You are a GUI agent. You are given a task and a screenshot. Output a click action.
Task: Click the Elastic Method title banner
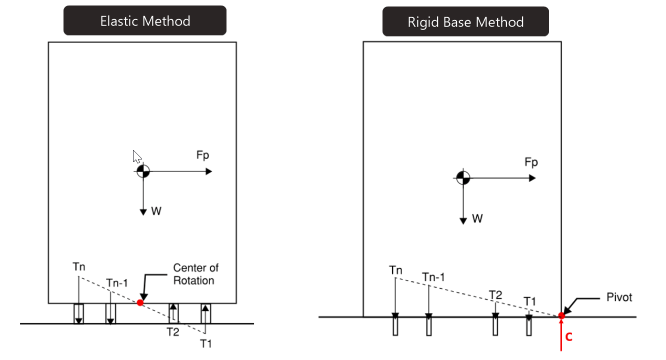click(x=145, y=21)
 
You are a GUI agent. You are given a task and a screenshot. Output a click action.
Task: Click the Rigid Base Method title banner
click(x=465, y=22)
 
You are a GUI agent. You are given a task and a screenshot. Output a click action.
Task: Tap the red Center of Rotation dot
click(x=140, y=302)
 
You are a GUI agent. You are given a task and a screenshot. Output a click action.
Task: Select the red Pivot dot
click(x=561, y=315)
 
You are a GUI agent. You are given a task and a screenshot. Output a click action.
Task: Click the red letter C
click(x=568, y=337)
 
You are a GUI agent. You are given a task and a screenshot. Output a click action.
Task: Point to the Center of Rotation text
click(x=195, y=274)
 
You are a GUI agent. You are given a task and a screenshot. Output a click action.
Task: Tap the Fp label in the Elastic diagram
click(x=202, y=155)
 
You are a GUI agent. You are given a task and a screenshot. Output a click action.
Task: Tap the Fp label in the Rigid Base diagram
click(x=531, y=163)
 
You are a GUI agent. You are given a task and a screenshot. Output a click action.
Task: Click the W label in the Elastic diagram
click(x=156, y=211)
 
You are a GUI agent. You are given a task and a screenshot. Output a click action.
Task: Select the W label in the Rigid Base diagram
click(x=477, y=219)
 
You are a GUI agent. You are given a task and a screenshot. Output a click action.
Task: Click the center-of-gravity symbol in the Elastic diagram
click(x=143, y=171)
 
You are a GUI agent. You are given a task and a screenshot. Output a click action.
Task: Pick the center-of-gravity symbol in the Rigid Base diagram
click(x=463, y=177)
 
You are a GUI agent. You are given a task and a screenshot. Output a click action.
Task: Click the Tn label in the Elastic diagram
click(x=78, y=267)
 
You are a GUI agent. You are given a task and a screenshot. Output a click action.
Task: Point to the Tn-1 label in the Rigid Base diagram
click(x=432, y=277)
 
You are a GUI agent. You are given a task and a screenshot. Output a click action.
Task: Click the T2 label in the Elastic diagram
click(x=173, y=331)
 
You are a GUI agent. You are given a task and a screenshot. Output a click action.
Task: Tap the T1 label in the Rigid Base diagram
click(x=530, y=301)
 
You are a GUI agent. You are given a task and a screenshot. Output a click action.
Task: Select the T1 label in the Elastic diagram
click(x=206, y=343)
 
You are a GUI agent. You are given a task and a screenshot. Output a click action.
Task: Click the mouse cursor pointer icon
click(x=137, y=156)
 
